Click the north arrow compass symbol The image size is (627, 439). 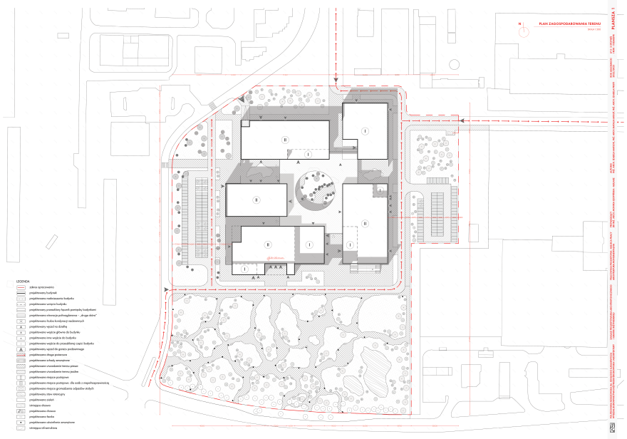[x=522, y=25]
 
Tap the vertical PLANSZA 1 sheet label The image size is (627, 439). [x=612, y=16]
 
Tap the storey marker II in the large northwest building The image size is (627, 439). [x=285, y=140]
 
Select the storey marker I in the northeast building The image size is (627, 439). [x=364, y=131]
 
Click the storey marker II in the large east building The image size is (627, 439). [x=364, y=223]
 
